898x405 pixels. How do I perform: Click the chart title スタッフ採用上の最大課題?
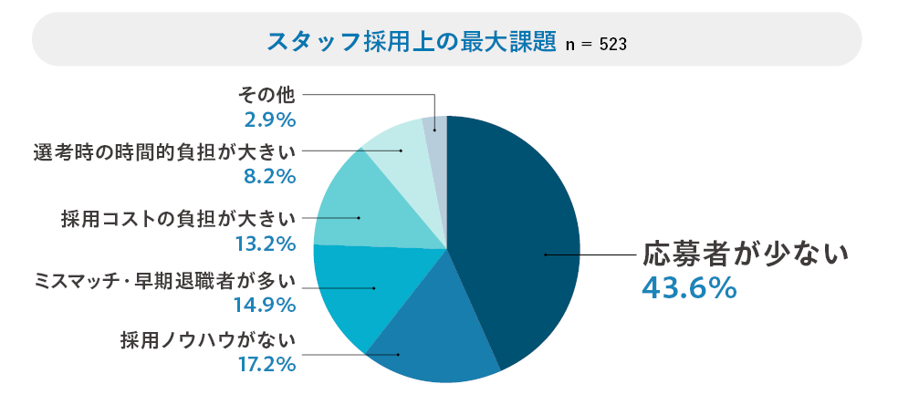click(x=411, y=41)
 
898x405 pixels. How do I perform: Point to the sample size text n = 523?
click(x=596, y=44)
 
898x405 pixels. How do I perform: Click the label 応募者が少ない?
click(x=746, y=254)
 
